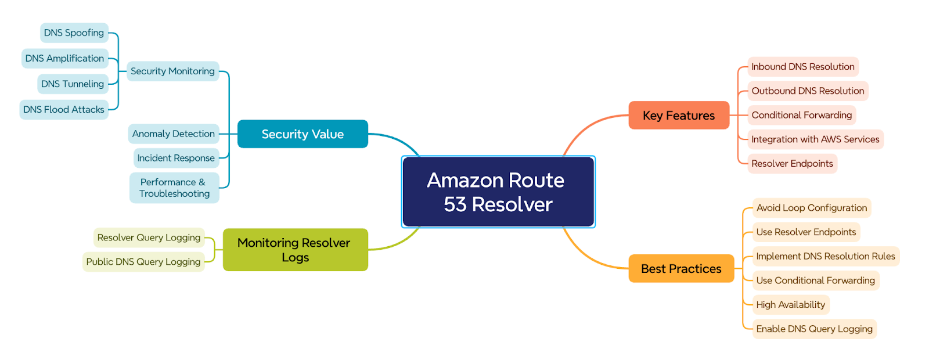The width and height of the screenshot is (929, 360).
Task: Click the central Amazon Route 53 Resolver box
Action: click(x=498, y=192)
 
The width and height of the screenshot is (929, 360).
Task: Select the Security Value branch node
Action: click(x=303, y=134)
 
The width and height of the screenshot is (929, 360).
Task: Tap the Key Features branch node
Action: click(x=679, y=116)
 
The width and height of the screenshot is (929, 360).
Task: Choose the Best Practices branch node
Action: click(x=682, y=269)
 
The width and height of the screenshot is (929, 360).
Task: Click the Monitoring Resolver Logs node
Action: click(x=296, y=250)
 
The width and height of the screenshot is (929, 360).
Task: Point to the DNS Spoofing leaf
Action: click(x=74, y=33)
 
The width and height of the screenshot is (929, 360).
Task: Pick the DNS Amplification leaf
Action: click(x=64, y=59)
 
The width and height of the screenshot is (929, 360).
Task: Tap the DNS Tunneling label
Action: click(x=73, y=84)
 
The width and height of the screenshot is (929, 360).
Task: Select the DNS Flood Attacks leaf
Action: click(x=64, y=110)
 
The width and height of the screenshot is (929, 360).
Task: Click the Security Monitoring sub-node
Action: click(x=172, y=71)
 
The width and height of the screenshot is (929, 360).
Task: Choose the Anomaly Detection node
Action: click(x=174, y=134)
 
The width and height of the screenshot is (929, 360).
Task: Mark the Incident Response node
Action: click(x=176, y=158)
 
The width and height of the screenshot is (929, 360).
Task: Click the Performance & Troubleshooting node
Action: click(x=174, y=188)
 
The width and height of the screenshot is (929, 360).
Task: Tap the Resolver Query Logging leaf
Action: click(x=149, y=237)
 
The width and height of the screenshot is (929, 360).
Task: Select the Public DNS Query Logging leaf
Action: click(x=143, y=262)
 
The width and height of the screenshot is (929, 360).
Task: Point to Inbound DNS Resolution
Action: click(x=803, y=67)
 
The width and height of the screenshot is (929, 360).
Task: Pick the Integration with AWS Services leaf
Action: click(x=815, y=139)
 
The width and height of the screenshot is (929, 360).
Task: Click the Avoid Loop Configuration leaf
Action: click(x=812, y=208)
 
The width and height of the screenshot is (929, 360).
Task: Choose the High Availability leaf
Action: click(x=790, y=305)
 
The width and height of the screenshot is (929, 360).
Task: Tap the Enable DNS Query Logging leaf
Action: click(x=815, y=329)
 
